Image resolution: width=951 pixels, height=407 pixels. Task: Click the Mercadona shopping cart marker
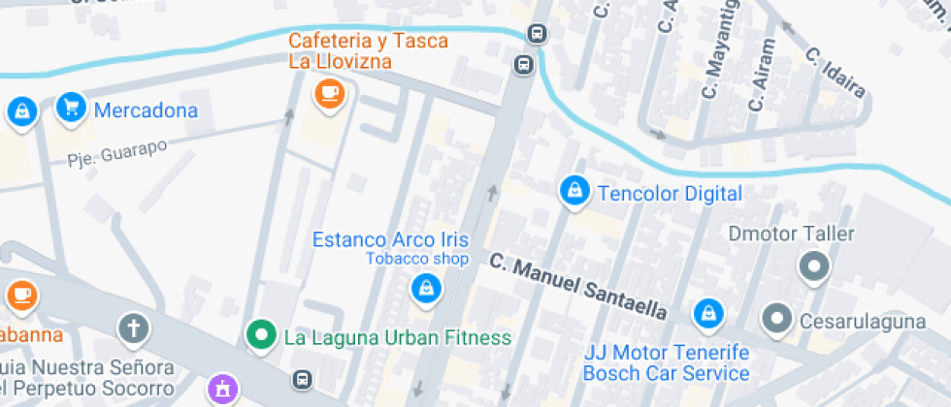coord(70,108)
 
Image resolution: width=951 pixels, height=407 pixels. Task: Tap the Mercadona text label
coord(146,110)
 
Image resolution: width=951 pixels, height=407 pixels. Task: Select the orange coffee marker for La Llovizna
coord(330,94)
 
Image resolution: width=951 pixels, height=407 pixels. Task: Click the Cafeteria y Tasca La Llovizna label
coord(368,51)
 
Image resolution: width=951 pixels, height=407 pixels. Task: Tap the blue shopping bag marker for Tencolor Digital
coord(574,192)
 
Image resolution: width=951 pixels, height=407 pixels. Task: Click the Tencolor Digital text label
coord(670,194)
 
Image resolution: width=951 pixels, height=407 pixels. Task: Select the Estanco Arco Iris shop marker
coord(424,287)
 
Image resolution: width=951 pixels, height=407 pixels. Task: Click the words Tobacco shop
coord(416,259)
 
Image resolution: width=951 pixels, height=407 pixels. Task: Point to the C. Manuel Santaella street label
coord(578,286)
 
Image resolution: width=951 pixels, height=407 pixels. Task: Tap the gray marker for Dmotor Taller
coord(813,265)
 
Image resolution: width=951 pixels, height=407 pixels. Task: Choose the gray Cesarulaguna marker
coord(776,317)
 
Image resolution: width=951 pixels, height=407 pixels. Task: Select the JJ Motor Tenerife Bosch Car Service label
coord(666,363)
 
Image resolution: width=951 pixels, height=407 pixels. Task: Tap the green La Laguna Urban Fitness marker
coord(259,336)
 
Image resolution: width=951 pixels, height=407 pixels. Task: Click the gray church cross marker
coord(133,329)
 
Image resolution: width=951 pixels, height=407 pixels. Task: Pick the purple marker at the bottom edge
coord(222,390)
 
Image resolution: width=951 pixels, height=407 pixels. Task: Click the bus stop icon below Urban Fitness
coord(304,378)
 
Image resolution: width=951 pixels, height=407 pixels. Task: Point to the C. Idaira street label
coord(836,73)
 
